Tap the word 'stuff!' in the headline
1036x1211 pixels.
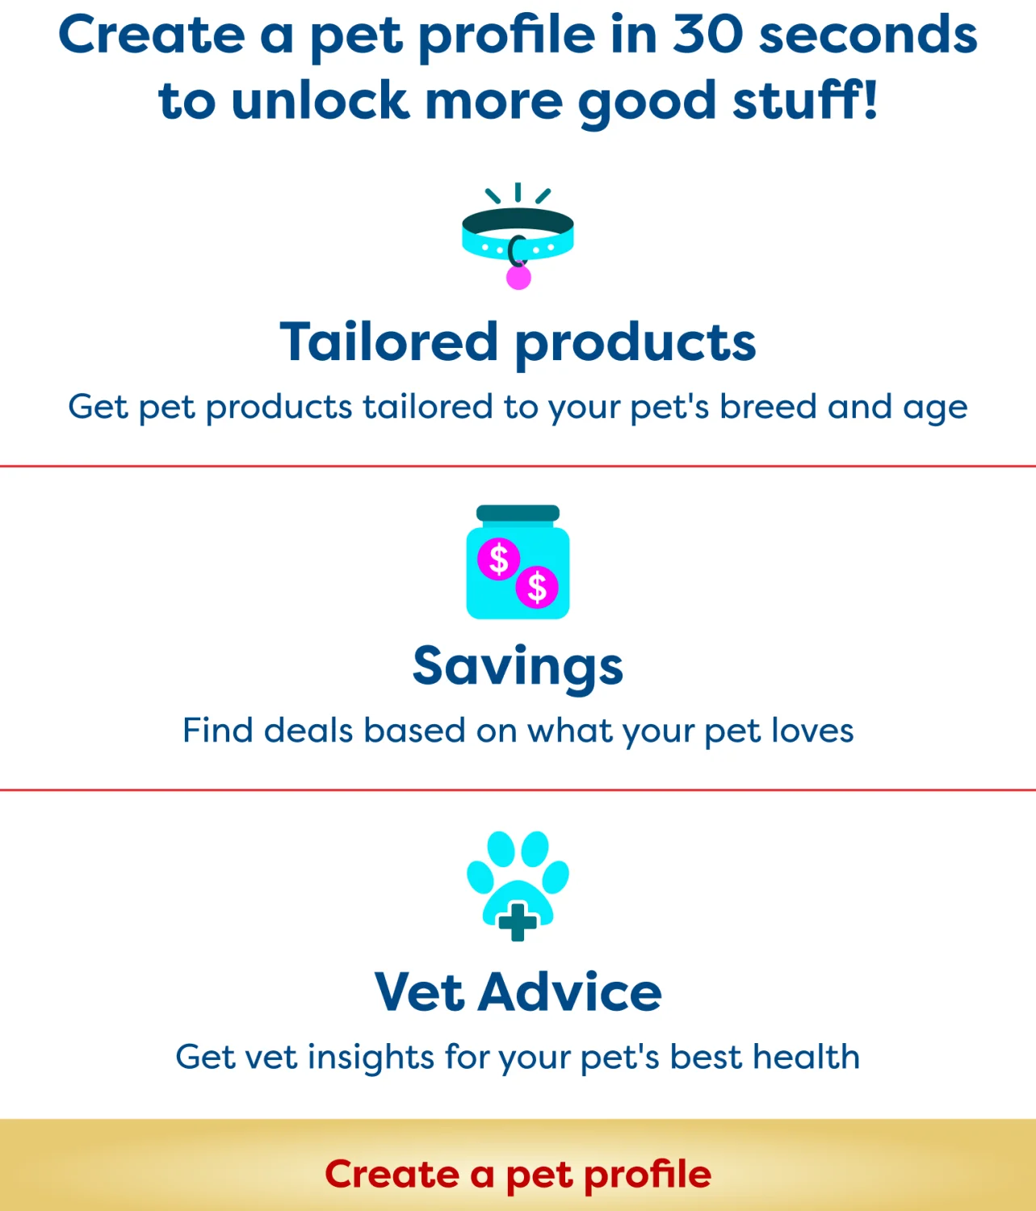point(805,98)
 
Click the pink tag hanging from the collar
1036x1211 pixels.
point(518,277)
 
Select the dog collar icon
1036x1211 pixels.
point(518,236)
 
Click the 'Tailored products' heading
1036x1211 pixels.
point(518,343)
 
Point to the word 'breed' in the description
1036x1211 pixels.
point(768,406)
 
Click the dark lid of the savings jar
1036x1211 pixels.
point(518,513)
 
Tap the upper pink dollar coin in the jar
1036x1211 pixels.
point(499,559)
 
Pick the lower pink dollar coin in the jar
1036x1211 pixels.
point(537,587)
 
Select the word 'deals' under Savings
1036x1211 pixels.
point(308,730)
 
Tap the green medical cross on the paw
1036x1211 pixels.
point(518,922)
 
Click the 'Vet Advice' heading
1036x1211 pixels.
point(518,991)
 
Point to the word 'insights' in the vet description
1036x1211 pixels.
point(371,1056)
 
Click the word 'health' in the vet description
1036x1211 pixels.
point(806,1056)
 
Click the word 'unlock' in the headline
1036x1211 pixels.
point(320,99)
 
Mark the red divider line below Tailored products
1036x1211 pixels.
point(518,467)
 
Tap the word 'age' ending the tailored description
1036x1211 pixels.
point(935,409)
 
